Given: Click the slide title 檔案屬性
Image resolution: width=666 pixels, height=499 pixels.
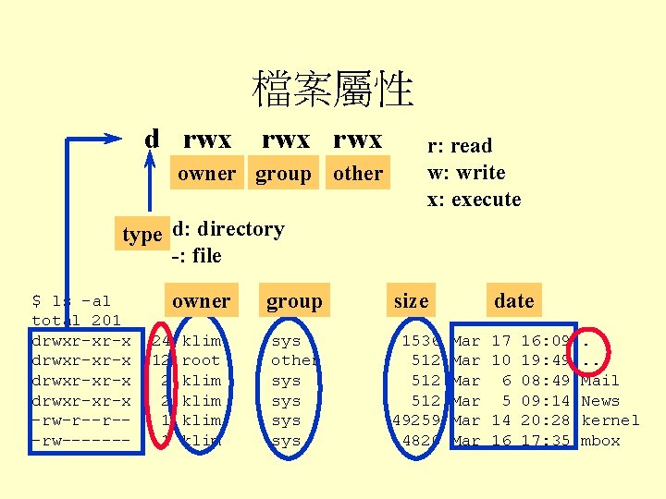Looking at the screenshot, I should click(x=333, y=90).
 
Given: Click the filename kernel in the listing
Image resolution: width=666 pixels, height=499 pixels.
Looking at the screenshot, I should click(x=610, y=420).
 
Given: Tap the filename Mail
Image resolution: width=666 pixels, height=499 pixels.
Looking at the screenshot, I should click(x=599, y=381).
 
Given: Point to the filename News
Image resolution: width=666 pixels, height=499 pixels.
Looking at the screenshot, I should click(x=599, y=401).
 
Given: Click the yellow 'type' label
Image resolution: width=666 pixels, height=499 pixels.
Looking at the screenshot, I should click(x=142, y=235).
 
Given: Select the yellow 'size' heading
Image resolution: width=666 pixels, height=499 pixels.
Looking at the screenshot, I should click(x=411, y=300).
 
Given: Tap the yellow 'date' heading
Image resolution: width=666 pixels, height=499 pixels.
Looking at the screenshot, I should click(x=513, y=300).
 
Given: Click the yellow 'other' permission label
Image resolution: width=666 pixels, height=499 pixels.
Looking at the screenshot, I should click(x=357, y=174).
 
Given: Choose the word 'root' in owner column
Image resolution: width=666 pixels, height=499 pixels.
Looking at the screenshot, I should click(x=202, y=360).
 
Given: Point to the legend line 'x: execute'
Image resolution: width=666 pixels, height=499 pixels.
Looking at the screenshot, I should click(x=474, y=200).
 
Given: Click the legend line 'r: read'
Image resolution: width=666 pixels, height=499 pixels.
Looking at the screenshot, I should click(x=459, y=146).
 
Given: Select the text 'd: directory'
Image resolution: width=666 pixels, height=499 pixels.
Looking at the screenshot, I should click(x=228, y=229).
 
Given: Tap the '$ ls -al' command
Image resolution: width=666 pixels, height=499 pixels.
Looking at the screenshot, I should click(x=71, y=301).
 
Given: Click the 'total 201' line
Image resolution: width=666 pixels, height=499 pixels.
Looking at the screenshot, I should click(x=76, y=321).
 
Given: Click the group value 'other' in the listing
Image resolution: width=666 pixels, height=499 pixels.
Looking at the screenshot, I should click(x=295, y=360).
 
